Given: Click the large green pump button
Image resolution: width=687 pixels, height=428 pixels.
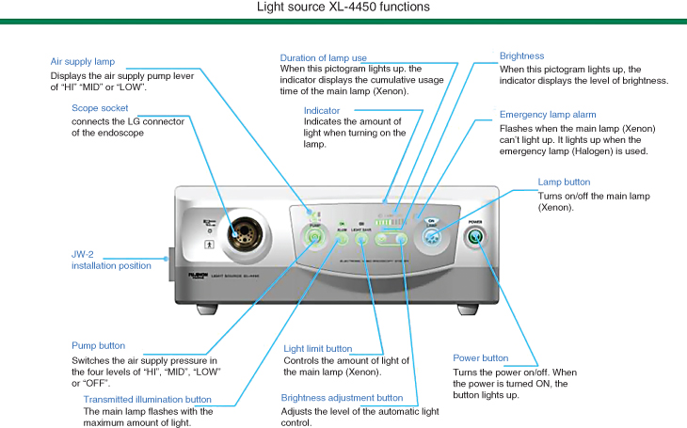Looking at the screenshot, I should click(313, 240).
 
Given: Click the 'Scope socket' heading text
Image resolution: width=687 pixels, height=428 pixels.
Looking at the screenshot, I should click(100, 108).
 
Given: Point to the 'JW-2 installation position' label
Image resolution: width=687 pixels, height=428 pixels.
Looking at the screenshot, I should click(111, 260).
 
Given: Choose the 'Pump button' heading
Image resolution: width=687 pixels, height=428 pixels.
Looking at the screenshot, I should click(98, 346).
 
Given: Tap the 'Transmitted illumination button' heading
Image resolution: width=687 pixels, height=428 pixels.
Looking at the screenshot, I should click(147, 399).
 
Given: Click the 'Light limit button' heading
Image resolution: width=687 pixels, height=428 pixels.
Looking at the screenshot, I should click(317, 349).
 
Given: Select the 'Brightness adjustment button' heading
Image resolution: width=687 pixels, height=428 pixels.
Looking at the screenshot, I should click(342, 398).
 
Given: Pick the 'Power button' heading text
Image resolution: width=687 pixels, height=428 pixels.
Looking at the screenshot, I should click(480, 358).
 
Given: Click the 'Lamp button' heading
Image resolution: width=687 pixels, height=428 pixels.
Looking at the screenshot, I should click(564, 182).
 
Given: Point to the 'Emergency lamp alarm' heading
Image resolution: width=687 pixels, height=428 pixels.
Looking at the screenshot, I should click(548, 115).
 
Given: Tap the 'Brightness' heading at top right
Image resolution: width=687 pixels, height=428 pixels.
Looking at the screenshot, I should click(521, 56).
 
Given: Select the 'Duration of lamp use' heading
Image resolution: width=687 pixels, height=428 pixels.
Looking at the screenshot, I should click(323, 58).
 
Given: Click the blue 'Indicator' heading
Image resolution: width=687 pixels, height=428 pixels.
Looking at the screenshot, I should click(322, 110).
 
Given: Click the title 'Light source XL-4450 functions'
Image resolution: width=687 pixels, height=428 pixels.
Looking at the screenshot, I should click(343, 8).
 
